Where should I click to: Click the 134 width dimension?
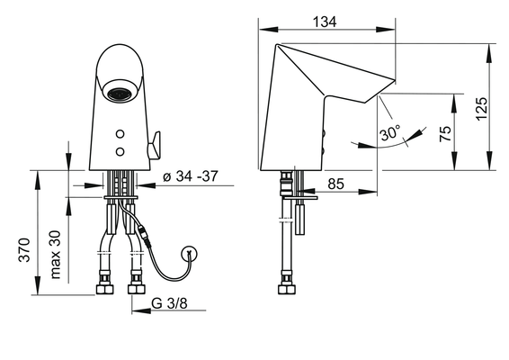click(325, 22)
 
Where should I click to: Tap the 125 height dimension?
click(482, 109)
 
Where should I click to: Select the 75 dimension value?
click(445, 133)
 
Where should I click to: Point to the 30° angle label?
click(390, 132)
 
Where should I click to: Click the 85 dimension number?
click(335, 184)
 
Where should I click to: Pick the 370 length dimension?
click(24, 250)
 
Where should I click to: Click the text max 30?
click(56, 255)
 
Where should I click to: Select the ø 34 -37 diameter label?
click(191, 176)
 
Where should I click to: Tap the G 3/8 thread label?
click(169, 303)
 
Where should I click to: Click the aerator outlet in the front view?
click(121, 94)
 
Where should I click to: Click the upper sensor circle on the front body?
click(121, 133)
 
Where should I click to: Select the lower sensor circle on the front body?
click(121, 151)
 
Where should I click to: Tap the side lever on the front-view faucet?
click(154, 146)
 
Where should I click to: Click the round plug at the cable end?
click(190, 253)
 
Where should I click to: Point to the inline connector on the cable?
click(145, 235)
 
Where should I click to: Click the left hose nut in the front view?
click(104, 289)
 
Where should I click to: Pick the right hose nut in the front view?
click(137, 289)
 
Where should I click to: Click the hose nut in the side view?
click(287, 289)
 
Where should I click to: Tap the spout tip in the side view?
click(395, 79)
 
